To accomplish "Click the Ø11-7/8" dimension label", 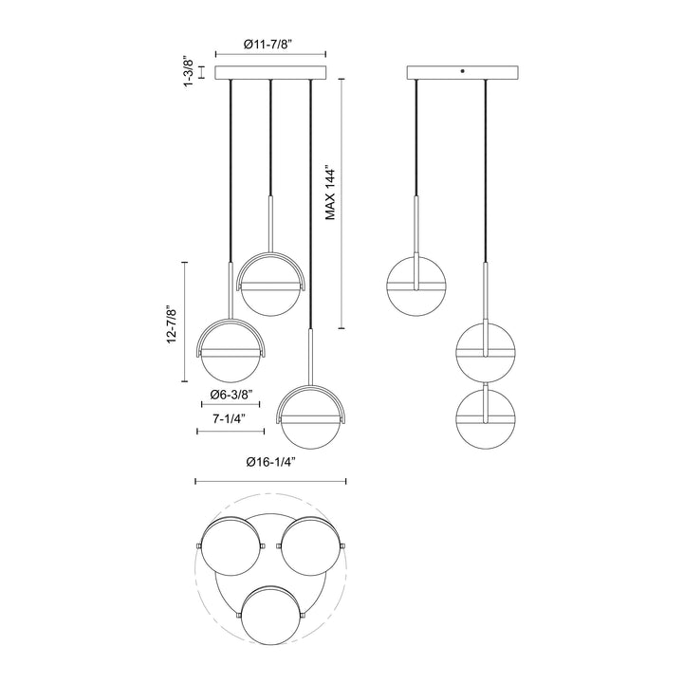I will pyautogui.click(x=270, y=44).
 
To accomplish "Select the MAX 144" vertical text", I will pyautogui.click(x=331, y=194).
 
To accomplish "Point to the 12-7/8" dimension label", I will pyautogui.click(x=173, y=324).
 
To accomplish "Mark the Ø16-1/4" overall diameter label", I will pyautogui.click(x=270, y=462).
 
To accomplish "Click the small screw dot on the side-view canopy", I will pyautogui.click(x=462, y=71).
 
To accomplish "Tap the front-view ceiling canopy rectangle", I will pyautogui.click(x=270, y=73).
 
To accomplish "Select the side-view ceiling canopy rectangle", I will pyautogui.click(x=462, y=73).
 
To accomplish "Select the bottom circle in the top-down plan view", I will pyautogui.click(x=271, y=618).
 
